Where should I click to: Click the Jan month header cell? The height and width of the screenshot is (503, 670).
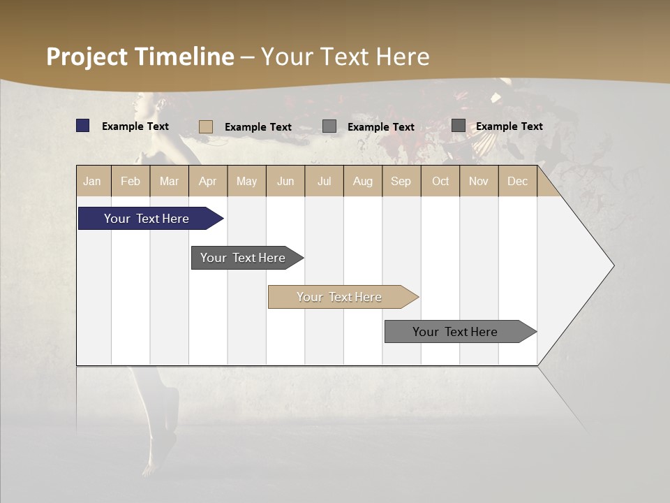(x=93, y=181)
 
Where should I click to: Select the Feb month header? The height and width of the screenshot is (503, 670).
(x=131, y=181)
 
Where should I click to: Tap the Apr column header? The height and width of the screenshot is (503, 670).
(x=208, y=181)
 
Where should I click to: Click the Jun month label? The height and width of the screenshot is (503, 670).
(x=285, y=181)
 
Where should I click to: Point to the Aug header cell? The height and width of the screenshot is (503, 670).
(x=362, y=181)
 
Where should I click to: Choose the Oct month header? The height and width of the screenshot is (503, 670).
(x=440, y=181)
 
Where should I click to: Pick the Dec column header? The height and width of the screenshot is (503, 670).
(x=517, y=181)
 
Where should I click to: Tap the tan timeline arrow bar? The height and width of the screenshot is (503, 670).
(x=340, y=297)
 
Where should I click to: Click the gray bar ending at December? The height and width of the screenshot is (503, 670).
(x=456, y=332)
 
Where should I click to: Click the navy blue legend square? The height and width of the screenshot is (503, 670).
(x=83, y=126)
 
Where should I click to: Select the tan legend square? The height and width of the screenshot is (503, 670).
(x=206, y=126)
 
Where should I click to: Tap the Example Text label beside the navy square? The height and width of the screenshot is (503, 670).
(x=135, y=126)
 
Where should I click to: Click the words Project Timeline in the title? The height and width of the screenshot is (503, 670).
(x=140, y=57)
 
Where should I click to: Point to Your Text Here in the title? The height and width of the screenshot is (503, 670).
(x=345, y=57)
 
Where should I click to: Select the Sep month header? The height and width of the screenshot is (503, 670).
(x=401, y=181)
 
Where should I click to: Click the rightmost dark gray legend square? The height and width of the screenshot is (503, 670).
(x=459, y=126)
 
